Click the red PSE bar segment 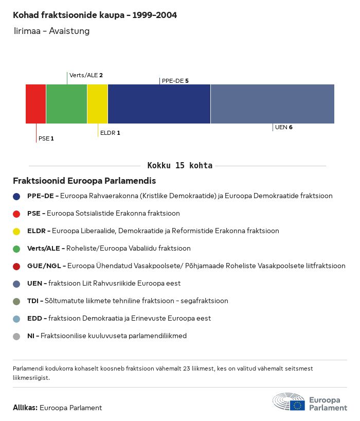[35, 104]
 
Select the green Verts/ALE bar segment [66, 104]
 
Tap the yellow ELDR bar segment [97, 104]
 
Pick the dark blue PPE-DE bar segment [159, 104]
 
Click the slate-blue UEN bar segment [272, 104]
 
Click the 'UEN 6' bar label [283, 127]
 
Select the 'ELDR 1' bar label [110, 133]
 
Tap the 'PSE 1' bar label [46, 138]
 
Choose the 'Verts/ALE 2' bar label [86, 75]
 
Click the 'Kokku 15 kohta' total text [179, 166]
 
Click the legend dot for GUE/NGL [16, 266]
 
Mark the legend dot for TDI [16, 301]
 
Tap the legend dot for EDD [16, 319]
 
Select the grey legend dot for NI [16, 336]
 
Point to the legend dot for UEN [16, 284]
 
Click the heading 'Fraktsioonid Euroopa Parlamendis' [84, 181]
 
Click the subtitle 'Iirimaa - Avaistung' [52, 31]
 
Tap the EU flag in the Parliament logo [297, 405]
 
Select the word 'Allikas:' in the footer [25, 408]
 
